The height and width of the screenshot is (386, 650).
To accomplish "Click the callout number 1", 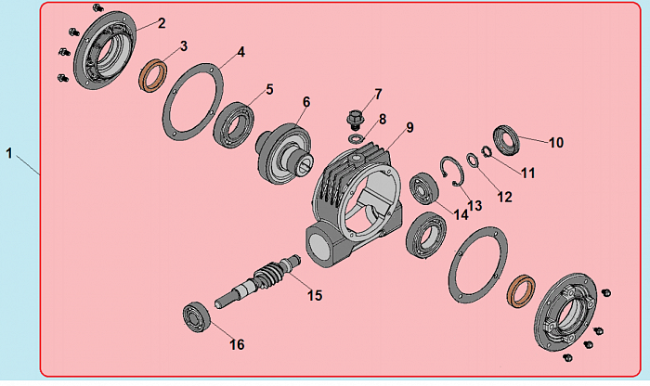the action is pyautogui.click(x=8, y=153).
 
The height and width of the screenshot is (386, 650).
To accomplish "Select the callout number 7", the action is pyautogui.click(x=378, y=95).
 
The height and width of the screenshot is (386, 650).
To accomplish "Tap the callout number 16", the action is pyautogui.click(x=237, y=344).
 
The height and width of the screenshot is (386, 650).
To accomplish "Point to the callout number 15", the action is pyautogui.click(x=315, y=295).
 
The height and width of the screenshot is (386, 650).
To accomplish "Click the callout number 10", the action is pyautogui.click(x=556, y=143).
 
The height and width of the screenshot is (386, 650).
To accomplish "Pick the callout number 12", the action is pyautogui.click(x=504, y=197).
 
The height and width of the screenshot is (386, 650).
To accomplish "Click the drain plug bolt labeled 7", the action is pyautogui.click(x=355, y=119).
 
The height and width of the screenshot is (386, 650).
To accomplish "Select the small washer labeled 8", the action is pyautogui.click(x=356, y=138).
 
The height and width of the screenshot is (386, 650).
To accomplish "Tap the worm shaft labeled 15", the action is pyautogui.click(x=257, y=281).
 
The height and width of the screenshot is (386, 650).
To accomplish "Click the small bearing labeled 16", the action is pyautogui.click(x=197, y=317).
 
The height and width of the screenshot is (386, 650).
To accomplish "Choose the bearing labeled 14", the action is pyautogui.click(x=423, y=188).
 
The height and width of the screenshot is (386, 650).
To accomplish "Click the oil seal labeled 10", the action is pyautogui.click(x=506, y=140).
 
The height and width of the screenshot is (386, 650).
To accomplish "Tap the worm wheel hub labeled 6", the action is pyautogui.click(x=283, y=154).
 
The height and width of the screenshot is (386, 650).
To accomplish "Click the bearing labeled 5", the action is pyautogui.click(x=233, y=124).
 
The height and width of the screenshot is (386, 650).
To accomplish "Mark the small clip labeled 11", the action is pyautogui.click(x=487, y=152).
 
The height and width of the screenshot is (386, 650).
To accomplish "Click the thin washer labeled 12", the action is pyautogui.click(x=473, y=161).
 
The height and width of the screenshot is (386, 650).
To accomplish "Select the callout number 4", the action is pyautogui.click(x=240, y=52).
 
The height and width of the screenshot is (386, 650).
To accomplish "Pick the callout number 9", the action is pyautogui.click(x=409, y=127).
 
